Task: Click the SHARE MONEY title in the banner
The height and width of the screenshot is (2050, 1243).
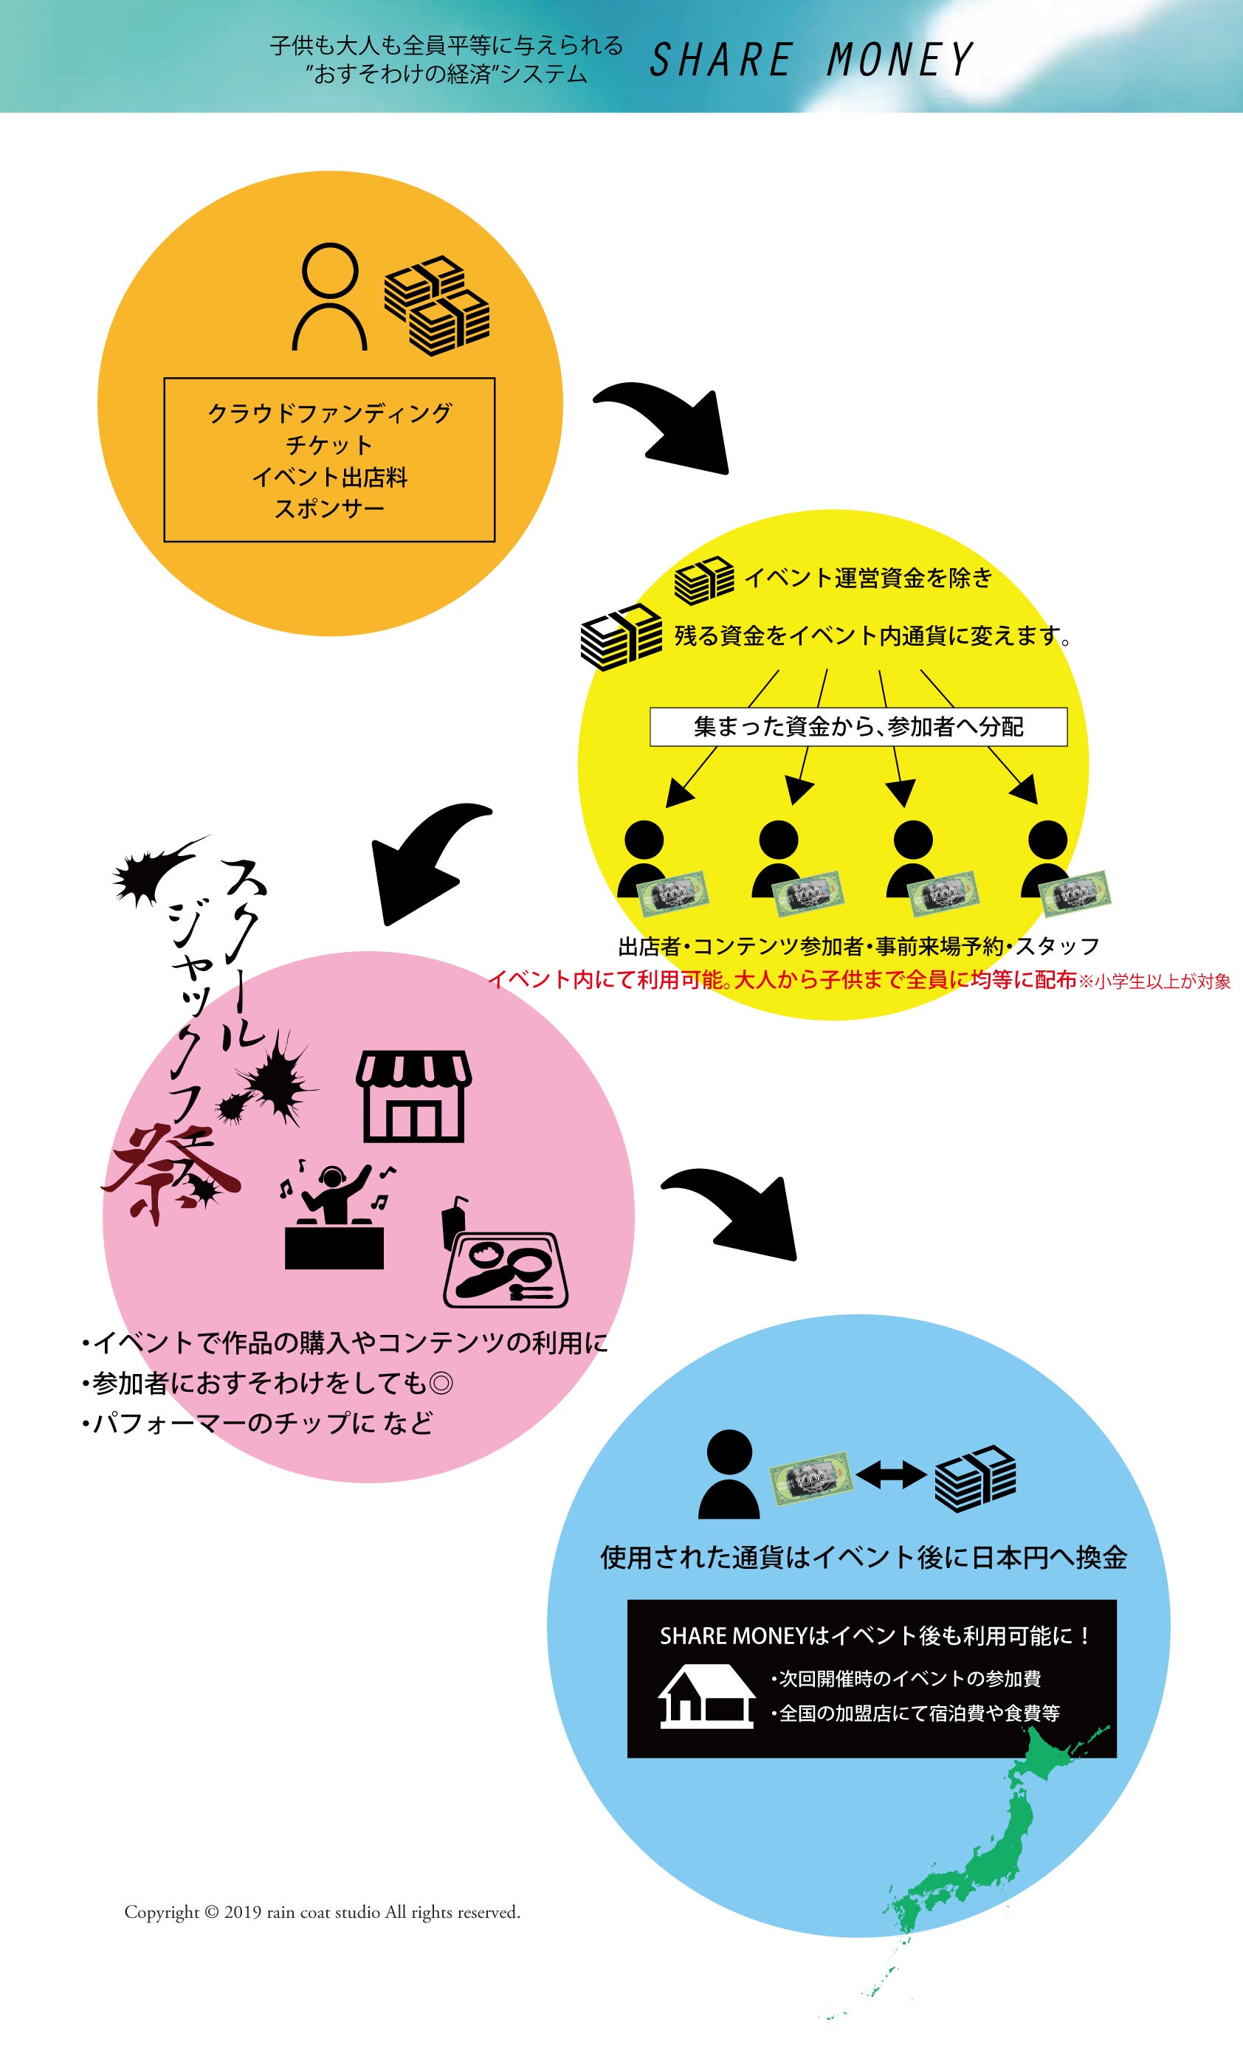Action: (x=810, y=60)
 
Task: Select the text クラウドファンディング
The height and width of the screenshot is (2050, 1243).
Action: (x=329, y=413)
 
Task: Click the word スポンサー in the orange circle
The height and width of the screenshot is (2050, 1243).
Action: (x=329, y=508)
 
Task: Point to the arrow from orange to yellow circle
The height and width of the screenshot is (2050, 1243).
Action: (x=666, y=424)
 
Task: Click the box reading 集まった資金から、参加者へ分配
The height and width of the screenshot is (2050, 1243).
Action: (x=858, y=727)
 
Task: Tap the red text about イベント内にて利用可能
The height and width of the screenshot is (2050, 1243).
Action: (x=782, y=979)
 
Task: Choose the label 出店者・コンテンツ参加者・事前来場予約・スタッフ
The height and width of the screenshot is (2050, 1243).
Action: (x=858, y=946)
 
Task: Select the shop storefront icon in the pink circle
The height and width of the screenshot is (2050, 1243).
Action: (x=413, y=1096)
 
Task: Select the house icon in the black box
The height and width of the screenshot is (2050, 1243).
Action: (x=706, y=1697)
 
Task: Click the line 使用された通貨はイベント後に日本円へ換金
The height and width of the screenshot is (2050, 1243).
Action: (x=863, y=1558)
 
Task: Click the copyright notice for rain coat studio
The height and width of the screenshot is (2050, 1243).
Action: (x=322, y=1913)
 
